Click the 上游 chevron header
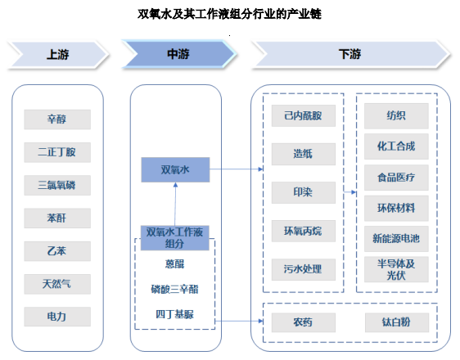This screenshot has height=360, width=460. coord(58,55)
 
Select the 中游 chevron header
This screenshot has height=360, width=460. coord(178,55)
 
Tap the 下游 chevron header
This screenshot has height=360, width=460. coord(350,55)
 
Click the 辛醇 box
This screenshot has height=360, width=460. coord(57,119)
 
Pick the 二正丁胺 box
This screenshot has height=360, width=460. coord(57,152)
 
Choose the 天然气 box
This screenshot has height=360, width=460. coord(57,284)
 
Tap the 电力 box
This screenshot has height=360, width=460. coord(57,317)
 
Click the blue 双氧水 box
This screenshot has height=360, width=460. coord(175,169)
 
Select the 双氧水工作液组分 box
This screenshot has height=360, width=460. coord(175,238)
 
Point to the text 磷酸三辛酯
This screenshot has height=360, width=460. coord(175,290)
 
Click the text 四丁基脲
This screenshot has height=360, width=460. coord(175,314)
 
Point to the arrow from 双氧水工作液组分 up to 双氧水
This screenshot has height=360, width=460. coord(175,204)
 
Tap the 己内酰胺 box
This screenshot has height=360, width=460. coord(304,116)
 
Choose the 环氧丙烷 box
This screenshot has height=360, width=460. coord(304,231)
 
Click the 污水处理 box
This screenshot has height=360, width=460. coord(304,269)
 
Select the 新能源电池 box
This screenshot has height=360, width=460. coord(396,239)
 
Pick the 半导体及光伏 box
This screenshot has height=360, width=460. coord(396,269)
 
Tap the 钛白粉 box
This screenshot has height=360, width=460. coord(397,322)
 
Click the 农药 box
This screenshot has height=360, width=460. coord(304,322)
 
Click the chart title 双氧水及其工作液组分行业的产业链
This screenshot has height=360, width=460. coord(230,14)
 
